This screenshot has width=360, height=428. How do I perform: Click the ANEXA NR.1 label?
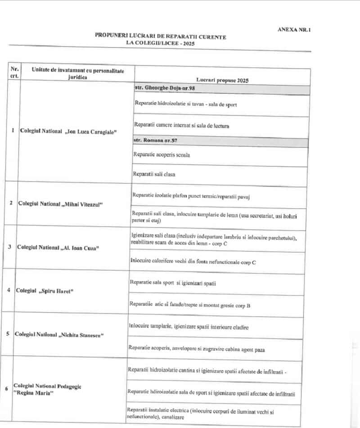click(295, 30)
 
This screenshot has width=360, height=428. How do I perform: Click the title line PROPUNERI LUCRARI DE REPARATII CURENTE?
click(161, 36)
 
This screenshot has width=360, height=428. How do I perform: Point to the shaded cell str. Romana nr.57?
click(155, 141)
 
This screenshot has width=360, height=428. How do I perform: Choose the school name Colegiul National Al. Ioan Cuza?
click(58, 248)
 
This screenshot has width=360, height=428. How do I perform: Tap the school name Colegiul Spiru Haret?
click(44, 291)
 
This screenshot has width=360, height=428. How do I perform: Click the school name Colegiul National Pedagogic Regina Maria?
click(47, 390)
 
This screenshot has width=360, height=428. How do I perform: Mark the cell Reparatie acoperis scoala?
click(161, 155)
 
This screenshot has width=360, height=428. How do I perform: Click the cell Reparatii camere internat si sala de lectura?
click(182, 126)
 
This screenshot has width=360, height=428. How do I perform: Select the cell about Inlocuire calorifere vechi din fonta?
click(193, 261)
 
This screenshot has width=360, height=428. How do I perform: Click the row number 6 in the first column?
click(6, 389)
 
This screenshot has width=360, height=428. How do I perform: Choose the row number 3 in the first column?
click(9, 247)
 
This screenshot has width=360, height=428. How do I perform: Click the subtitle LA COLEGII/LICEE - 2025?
click(161, 42)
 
